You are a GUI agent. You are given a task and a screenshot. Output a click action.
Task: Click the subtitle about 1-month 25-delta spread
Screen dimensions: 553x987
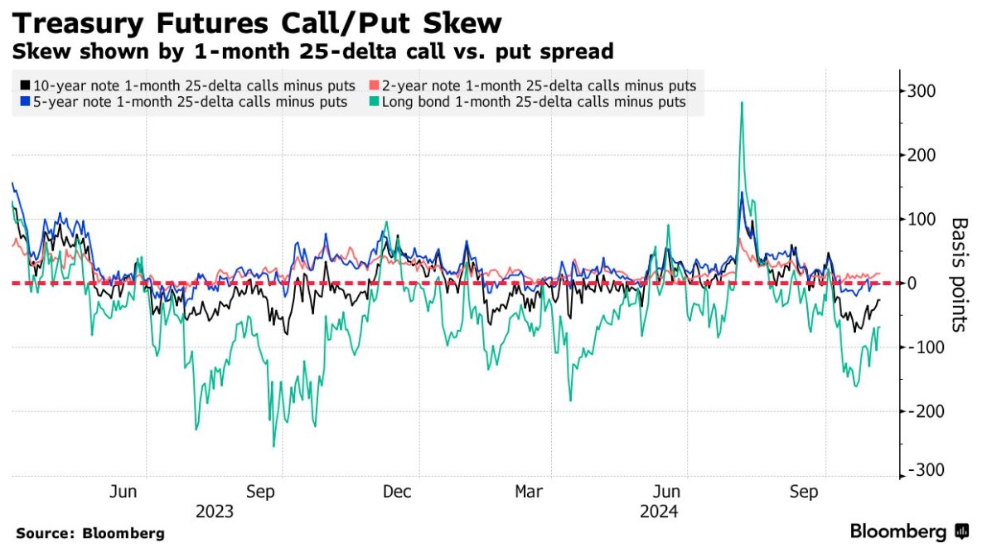(x=312, y=51)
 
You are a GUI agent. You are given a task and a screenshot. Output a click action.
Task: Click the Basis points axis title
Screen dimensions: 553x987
(x=959, y=274)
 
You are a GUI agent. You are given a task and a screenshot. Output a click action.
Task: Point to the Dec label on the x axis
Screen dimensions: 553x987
(x=397, y=492)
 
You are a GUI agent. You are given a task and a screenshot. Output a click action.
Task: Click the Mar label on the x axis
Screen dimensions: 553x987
(x=530, y=492)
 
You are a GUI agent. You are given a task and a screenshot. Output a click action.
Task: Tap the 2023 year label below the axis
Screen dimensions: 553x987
(x=215, y=512)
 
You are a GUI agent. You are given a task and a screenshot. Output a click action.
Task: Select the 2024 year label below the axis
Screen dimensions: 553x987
(x=660, y=512)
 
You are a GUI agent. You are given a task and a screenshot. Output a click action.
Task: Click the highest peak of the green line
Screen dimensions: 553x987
(x=741, y=103)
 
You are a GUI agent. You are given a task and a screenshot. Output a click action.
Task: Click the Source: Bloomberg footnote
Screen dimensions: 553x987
(x=90, y=533)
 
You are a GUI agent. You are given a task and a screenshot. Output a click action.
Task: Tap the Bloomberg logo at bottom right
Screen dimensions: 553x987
(x=909, y=531)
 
